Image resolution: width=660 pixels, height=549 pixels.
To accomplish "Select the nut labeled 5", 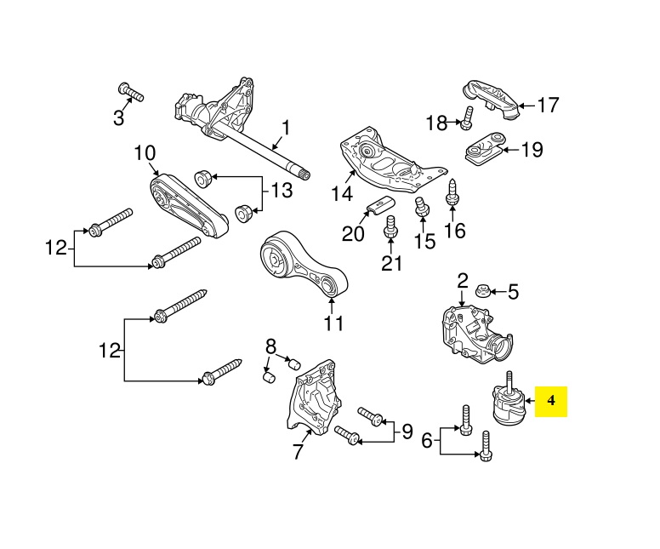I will pyautogui.click(x=482, y=290).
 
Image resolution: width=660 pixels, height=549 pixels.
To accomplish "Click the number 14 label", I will pyautogui.click(x=341, y=194).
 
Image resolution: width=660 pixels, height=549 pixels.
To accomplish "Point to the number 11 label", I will pyautogui.click(x=333, y=323).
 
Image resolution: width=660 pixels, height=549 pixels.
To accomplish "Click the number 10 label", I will pyautogui.click(x=144, y=153).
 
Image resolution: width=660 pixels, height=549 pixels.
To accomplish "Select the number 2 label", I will pyautogui.click(x=463, y=281).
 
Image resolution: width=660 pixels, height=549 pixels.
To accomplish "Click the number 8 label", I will pyautogui.click(x=271, y=346).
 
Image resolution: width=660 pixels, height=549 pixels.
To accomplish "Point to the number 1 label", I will pyautogui.click(x=286, y=129).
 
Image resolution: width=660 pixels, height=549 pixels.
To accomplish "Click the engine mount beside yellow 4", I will pyautogui.click(x=506, y=409).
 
